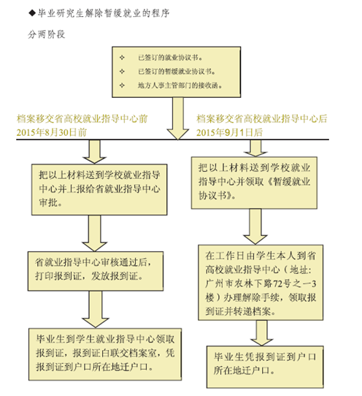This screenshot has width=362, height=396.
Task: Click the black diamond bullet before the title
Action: pos(32,13)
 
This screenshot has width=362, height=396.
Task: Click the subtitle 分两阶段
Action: pos(47,34)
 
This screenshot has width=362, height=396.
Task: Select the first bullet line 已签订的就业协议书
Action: pos(170,58)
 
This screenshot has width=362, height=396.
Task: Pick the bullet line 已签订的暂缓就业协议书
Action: pos(177,72)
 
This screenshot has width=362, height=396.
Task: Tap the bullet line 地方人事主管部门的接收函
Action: pos(180,85)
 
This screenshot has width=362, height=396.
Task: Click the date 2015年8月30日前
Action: pos(52,132)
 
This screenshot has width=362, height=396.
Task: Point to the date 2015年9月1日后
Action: pos(229,132)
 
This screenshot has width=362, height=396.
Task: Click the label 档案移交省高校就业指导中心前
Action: pos(82,118)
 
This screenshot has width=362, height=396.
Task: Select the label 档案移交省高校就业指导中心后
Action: pos(261,118)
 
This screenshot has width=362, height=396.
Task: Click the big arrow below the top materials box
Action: pos(178,118)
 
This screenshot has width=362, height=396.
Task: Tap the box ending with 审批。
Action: pos(99,190)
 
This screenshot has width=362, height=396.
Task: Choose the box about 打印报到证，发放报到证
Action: pos(96,271)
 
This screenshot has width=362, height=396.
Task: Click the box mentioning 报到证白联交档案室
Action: pos(105,354)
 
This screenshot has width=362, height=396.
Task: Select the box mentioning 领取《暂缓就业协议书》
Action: pos(254,183)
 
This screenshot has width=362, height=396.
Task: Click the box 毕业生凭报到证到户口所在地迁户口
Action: pos(265,367)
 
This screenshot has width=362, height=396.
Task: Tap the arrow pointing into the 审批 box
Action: pos(95,152)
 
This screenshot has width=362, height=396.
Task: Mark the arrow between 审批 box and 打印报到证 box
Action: pos(95,233)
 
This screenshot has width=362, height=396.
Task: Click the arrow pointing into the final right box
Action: pos(261,333)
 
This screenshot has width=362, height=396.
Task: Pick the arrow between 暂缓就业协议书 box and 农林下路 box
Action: pos(255,226)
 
